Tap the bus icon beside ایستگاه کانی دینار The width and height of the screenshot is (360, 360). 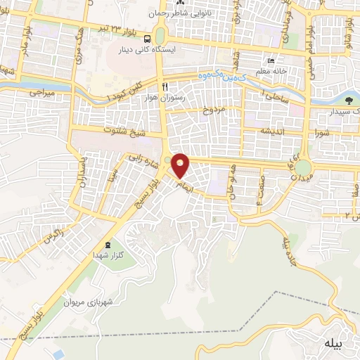(148, 39)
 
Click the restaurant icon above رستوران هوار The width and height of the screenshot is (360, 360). (164, 86)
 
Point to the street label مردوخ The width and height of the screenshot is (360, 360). (212, 110)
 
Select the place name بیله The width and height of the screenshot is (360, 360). (333, 343)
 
